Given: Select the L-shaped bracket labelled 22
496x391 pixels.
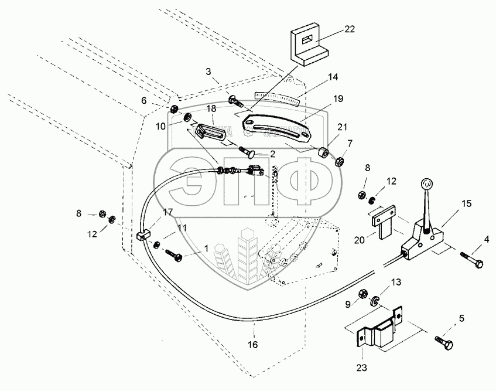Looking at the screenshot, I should coord(309,47).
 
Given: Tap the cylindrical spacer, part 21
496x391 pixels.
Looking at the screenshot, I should coord(323,154).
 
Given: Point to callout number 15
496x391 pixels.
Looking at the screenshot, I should coord(466,204).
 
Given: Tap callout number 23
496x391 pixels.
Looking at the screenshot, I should coord(362,369).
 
